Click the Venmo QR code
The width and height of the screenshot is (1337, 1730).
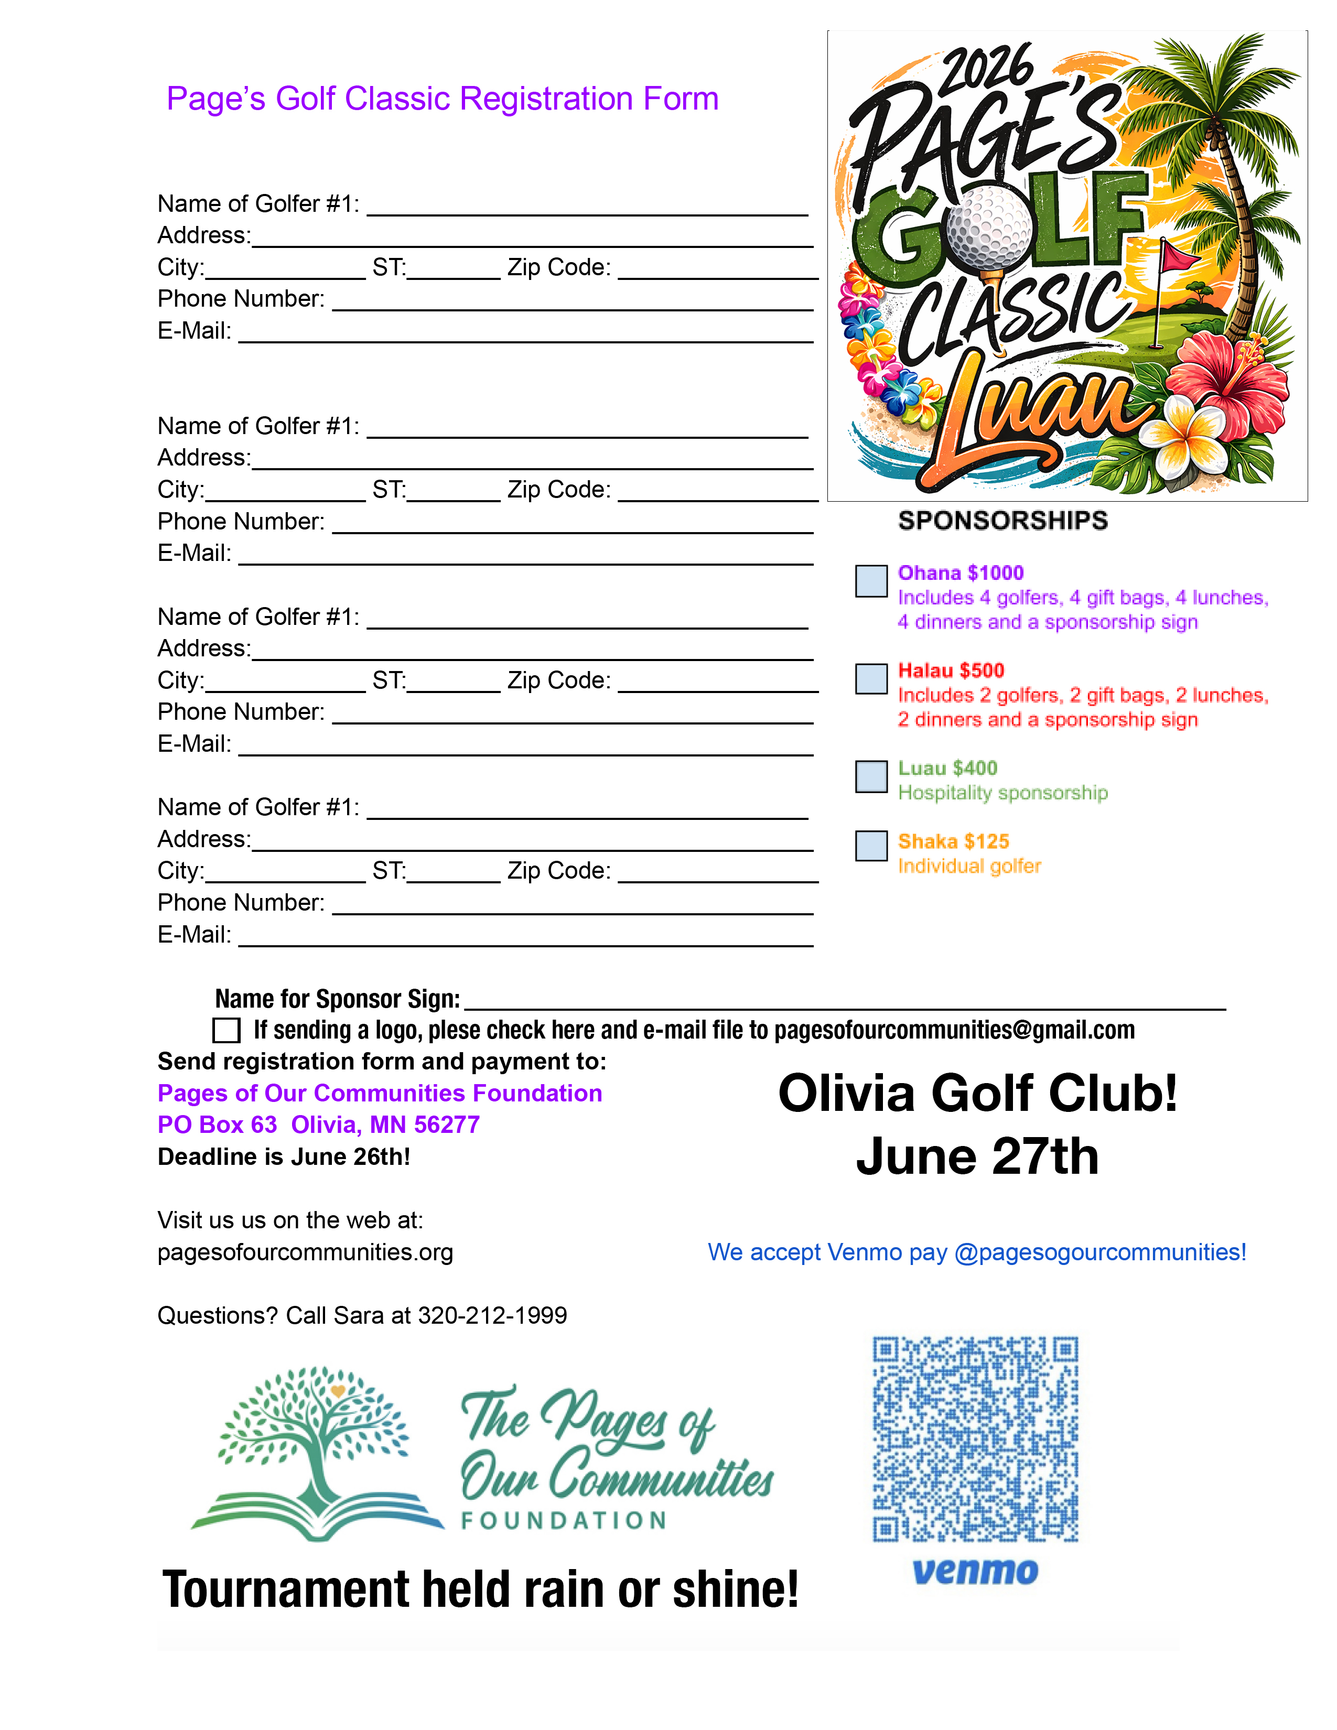(975, 1439)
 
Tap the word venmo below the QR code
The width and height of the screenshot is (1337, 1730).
(975, 1572)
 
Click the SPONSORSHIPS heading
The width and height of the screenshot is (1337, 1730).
(1002, 521)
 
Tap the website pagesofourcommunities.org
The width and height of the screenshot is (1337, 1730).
(305, 1252)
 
